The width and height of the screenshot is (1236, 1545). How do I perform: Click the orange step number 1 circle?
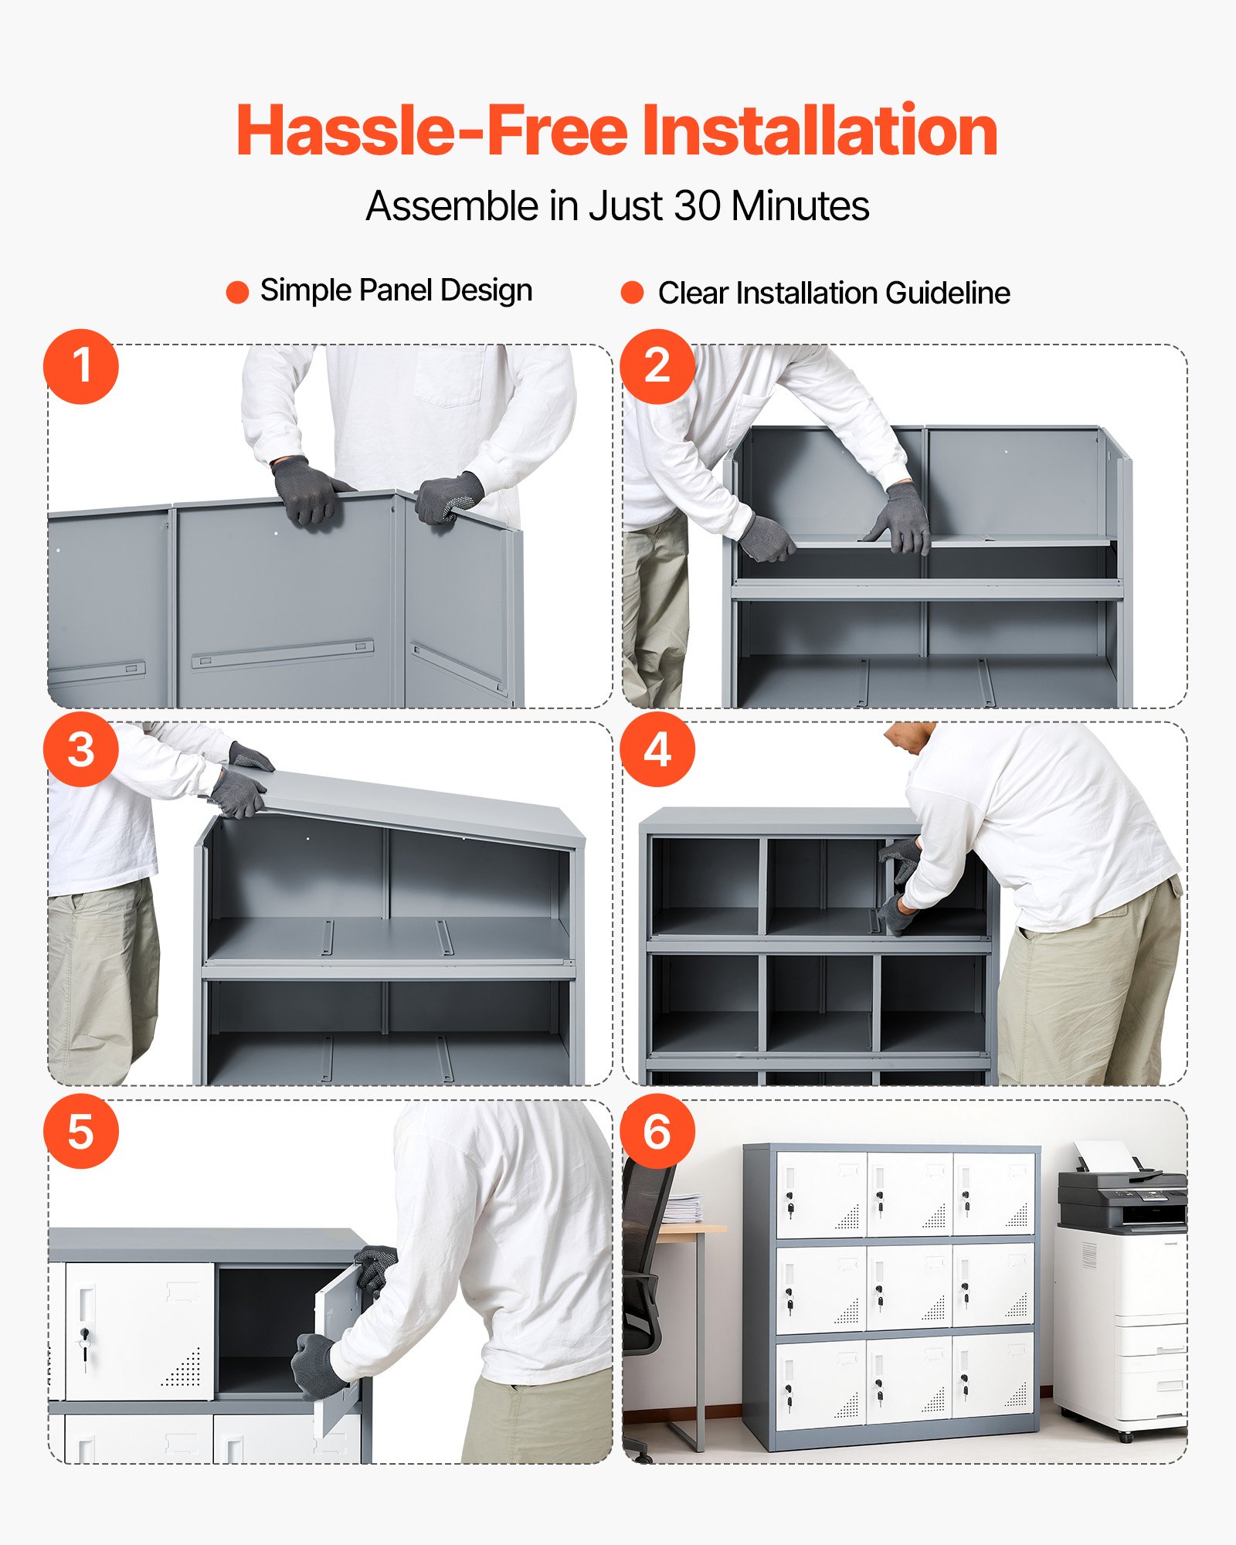point(81,366)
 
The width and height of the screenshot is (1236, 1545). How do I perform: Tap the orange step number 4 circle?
point(657,749)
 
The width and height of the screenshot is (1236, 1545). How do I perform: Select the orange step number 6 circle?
point(657,1132)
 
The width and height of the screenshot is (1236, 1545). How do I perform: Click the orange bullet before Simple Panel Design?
point(237,292)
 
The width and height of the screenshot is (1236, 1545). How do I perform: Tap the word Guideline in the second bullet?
point(948,293)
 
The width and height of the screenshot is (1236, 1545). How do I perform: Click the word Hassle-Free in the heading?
point(433,131)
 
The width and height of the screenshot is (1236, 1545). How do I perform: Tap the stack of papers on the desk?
point(683,1209)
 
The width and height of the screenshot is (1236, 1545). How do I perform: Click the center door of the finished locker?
point(908,1289)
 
